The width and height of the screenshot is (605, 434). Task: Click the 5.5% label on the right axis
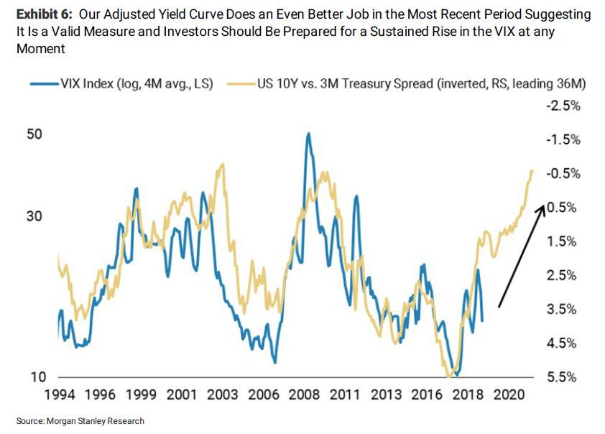tap(565, 377)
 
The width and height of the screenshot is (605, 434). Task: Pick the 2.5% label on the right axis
tap(565, 275)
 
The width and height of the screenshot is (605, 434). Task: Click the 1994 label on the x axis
tap(73, 394)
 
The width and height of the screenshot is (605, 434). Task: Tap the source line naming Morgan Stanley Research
tap(80, 421)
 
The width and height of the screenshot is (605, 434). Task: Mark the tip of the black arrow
tap(543, 204)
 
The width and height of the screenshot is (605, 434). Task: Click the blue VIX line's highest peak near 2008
tap(308, 134)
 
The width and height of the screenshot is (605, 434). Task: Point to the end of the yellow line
tap(532, 170)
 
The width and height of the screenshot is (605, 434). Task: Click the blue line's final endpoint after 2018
tap(481, 320)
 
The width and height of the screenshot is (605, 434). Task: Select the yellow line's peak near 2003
tap(223, 164)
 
